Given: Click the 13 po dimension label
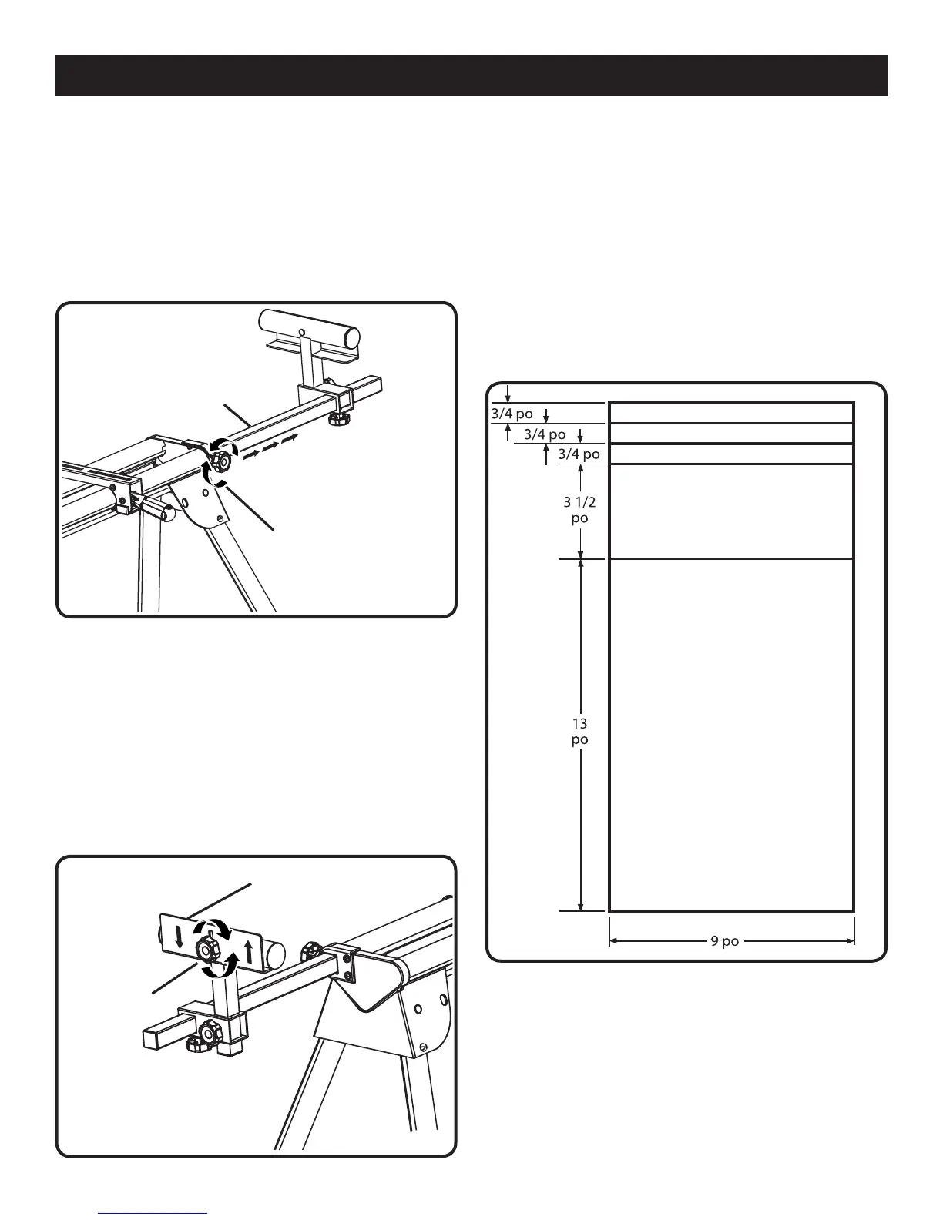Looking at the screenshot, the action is [579, 731].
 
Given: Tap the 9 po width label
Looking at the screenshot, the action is [724, 940].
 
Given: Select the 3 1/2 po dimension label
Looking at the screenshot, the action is [579, 510].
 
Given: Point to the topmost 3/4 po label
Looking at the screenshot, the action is [512, 414].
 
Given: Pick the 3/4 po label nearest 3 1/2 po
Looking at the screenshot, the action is [579, 454].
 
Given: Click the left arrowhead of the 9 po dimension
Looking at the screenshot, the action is [613, 940].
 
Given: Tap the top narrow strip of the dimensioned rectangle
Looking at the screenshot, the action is [730, 412].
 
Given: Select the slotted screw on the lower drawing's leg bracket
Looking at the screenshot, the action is [425, 1047].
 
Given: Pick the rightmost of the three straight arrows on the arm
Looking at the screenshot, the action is [288, 439].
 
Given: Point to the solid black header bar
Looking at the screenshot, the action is [471, 75].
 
